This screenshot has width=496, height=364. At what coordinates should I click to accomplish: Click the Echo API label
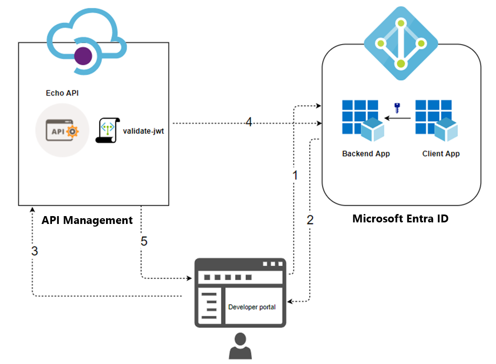(x=63, y=93)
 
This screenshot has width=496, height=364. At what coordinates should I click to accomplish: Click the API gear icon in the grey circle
(x=62, y=131)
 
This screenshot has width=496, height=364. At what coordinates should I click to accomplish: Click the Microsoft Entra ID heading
(x=400, y=219)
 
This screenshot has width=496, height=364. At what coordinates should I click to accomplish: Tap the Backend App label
(x=366, y=154)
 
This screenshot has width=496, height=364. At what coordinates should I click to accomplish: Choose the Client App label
(x=441, y=154)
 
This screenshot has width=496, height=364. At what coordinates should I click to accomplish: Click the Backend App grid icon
(x=363, y=120)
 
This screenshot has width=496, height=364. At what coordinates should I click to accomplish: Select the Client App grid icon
(x=436, y=120)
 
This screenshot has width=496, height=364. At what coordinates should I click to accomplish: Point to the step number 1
(x=295, y=175)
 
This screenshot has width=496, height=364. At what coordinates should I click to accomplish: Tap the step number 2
(x=310, y=220)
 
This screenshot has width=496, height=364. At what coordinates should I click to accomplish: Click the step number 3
(x=35, y=251)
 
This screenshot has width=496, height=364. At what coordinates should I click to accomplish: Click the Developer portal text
(x=252, y=307)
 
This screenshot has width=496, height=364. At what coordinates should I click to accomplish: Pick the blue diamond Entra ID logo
(x=401, y=44)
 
